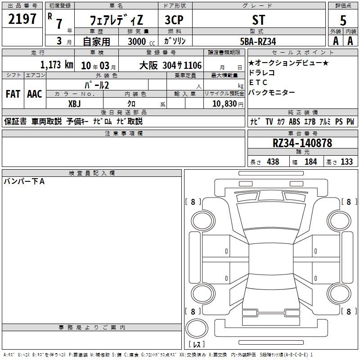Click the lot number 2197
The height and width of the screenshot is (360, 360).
[x=22, y=19]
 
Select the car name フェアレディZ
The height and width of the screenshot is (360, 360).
[x=117, y=20]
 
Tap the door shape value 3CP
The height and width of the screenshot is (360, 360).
[x=174, y=20]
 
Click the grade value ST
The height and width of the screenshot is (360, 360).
[x=258, y=20]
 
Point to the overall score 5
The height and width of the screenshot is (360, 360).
[x=343, y=21]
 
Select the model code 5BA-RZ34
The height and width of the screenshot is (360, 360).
[x=258, y=41]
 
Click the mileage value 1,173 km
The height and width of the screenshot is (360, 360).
[x=57, y=65]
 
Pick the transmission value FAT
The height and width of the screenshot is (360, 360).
[x=13, y=94]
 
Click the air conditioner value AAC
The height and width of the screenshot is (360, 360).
[x=35, y=94]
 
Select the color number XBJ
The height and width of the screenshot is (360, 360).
[x=74, y=104]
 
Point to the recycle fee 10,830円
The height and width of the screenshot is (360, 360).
[x=228, y=104]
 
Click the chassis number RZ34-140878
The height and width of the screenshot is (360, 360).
[x=302, y=143]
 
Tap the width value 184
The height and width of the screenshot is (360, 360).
[x=310, y=162]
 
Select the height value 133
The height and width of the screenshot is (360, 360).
[x=346, y=162]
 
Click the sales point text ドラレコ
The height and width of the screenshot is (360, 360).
[x=262, y=72]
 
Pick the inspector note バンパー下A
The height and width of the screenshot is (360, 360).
[x=24, y=181]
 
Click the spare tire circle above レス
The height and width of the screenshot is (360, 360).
[x=197, y=328]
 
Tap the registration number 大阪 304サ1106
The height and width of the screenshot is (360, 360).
[x=171, y=65]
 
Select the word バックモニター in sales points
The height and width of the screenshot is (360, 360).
[x=272, y=92]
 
